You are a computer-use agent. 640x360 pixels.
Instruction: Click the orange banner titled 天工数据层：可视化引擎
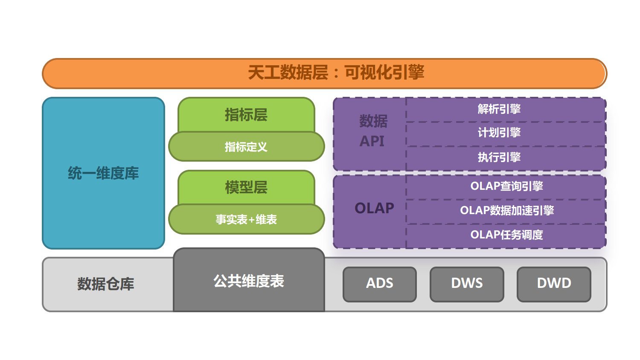tap(325, 73)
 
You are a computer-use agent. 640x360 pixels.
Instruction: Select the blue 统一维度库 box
tap(103, 173)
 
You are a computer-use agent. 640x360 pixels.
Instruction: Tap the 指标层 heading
tap(246, 115)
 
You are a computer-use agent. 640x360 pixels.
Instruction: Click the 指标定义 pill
tap(247, 147)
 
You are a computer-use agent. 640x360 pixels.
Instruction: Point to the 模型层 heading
tap(246, 187)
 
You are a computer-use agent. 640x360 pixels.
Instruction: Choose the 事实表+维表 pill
tap(247, 219)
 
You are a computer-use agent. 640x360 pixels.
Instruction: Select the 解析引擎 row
tap(506, 110)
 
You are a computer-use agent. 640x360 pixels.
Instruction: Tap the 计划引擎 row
tap(506, 134)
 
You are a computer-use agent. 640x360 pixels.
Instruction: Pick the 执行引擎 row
tap(506, 158)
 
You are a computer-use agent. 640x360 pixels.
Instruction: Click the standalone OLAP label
tap(374, 208)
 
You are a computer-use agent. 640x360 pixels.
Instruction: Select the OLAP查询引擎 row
tap(506, 187)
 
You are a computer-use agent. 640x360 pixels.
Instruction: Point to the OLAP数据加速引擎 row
tap(506, 212)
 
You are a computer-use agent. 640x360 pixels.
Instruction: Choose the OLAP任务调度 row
tap(506, 236)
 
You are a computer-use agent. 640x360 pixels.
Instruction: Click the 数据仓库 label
tap(105, 284)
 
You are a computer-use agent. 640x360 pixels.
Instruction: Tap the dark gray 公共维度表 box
tap(249, 280)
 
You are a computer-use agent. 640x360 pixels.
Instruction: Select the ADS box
tap(379, 284)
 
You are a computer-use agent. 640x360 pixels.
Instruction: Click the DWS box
tap(467, 284)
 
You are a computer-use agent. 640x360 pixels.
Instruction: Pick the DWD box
tap(554, 284)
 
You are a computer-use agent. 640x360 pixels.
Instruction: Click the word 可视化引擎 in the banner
tap(384, 72)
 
